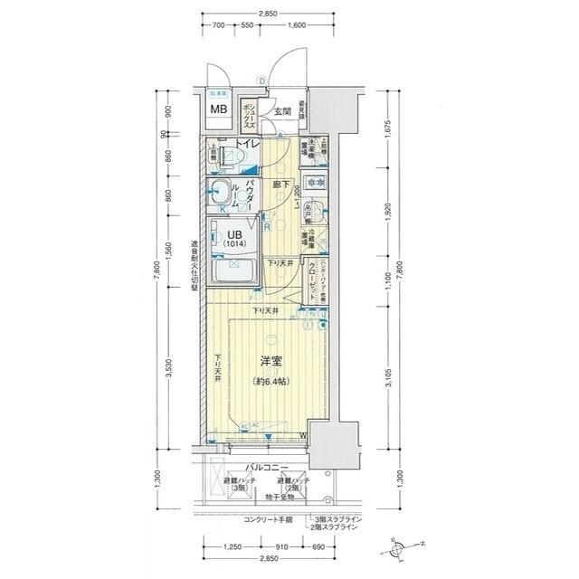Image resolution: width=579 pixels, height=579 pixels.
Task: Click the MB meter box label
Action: pos(219,109)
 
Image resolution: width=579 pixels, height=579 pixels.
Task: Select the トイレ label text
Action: pos(248,144)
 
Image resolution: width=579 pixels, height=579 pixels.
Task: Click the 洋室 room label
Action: pos(271,362)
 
